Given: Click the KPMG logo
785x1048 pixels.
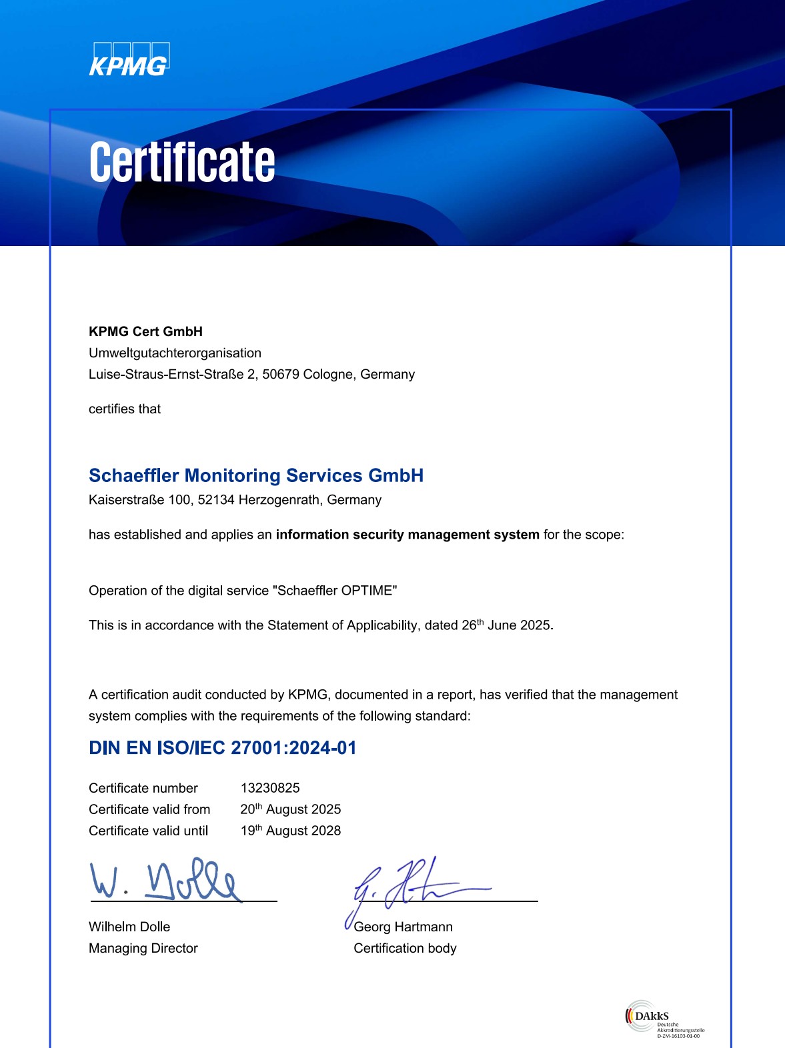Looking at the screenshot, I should point(129,59).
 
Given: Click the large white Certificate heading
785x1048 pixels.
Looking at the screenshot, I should point(182,162).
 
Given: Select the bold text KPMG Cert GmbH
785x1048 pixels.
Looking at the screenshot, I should point(145,331).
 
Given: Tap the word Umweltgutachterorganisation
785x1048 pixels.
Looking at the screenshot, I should point(175,353).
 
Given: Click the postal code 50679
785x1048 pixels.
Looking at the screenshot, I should point(281,374).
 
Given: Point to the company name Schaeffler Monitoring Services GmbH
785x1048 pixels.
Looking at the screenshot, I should point(256,475).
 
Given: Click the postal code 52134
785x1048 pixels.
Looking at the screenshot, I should point(216,499).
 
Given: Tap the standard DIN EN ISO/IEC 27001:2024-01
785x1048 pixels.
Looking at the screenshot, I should point(223,748).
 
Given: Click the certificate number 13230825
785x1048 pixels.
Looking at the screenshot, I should point(270,788).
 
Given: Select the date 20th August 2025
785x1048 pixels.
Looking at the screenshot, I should point(291,809).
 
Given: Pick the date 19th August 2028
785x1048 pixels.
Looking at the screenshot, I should point(291,831).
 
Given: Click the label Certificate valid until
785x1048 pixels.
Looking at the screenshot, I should point(148,831).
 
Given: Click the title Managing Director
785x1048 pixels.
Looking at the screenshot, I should point(143,948).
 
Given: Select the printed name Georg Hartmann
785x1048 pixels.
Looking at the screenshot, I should point(403,927).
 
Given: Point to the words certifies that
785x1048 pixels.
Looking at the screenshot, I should point(125,409).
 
